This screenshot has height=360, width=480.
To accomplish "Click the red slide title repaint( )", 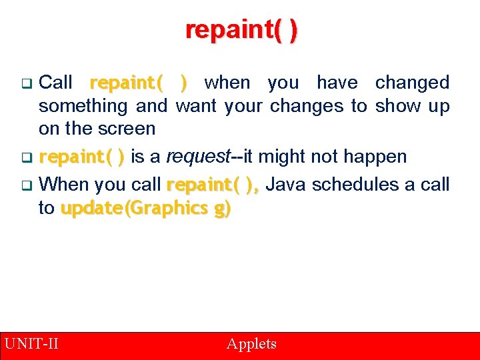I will coord(241,30).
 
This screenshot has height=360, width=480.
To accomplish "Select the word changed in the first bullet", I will coord(412,83).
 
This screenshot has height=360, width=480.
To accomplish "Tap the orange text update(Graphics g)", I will coord(145,209).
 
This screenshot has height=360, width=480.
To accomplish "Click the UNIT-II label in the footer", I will coord(31,344).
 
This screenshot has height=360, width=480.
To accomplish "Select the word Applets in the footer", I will coord(251,344).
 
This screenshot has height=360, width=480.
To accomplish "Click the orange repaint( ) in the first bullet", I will coord(138,83).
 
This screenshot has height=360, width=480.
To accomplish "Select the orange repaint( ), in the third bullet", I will coord(213,185).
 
